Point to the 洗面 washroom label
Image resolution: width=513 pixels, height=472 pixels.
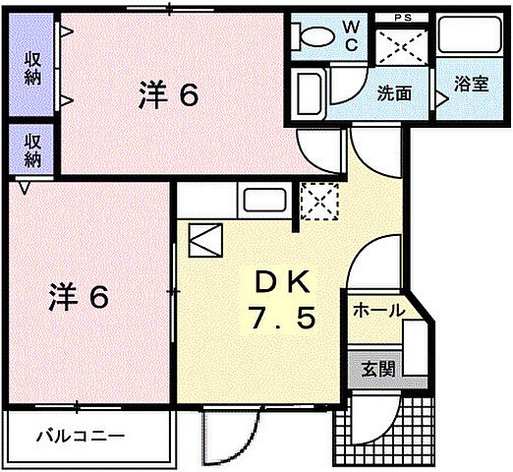[x=394, y=92]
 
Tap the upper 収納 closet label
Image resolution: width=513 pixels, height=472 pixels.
[x=32, y=66]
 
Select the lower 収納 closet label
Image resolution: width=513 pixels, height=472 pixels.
[x=32, y=149]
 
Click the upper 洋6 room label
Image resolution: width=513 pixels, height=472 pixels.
[x=168, y=96]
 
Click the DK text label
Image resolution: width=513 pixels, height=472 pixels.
[x=282, y=284]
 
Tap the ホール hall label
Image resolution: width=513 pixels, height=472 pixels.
[x=378, y=311]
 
